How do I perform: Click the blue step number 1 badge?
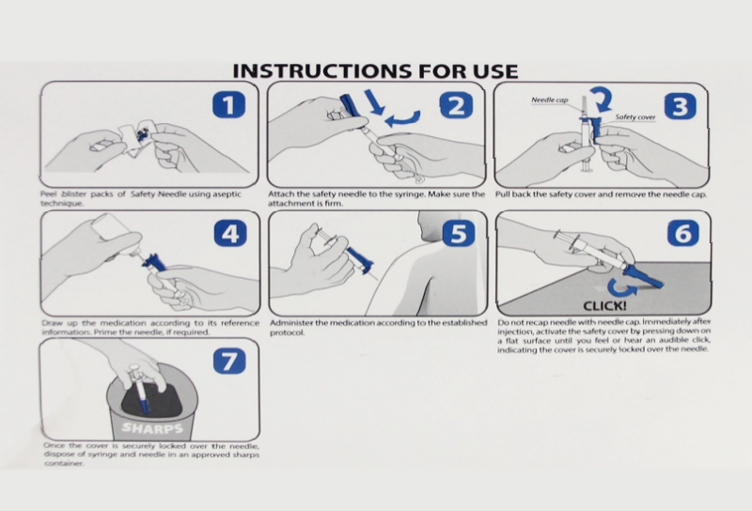click(x=229, y=105)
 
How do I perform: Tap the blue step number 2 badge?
click(x=456, y=106)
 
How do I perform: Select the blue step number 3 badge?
click(x=681, y=107)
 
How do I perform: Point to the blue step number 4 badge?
click(x=230, y=234)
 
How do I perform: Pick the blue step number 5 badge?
click(x=459, y=234)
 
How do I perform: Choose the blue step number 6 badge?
click(x=683, y=233)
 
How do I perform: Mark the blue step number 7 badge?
click(x=229, y=361)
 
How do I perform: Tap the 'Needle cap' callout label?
click(x=550, y=101)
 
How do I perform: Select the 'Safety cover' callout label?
click(x=635, y=117)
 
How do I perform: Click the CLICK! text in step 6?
click(x=604, y=306)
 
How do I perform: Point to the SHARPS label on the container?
click(x=152, y=427)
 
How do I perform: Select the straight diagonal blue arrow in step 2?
click(x=374, y=102)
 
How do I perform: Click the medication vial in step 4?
click(x=116, y=231)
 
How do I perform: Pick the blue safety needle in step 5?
click(x=360, y=260)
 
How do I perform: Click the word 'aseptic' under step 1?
click(x=227, y=194)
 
